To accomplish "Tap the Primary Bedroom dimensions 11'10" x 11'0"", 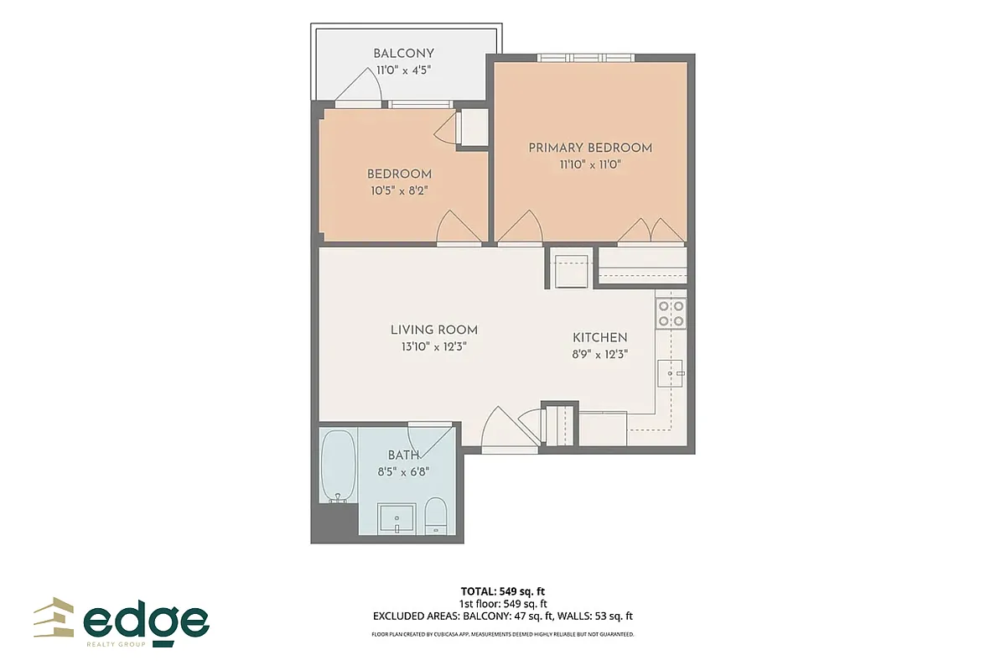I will click(589, 164).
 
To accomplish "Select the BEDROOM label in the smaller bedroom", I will click(399, 174).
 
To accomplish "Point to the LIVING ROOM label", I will click(433, 330).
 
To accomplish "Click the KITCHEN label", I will click(599, 337).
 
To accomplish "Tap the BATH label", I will click(403, 455).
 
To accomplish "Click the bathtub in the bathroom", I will click(338, 467).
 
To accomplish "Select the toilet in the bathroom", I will click(436, 514).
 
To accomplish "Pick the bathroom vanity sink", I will click(397, 518).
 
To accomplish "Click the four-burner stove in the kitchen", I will click(671, 312).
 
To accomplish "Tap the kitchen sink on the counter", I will click(672, 372).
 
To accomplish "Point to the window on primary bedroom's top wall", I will click(585, 58).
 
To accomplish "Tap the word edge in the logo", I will click(146, 622).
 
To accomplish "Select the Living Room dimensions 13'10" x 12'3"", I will click(433, 346).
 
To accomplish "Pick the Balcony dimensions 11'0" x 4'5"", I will click(403, 70).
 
